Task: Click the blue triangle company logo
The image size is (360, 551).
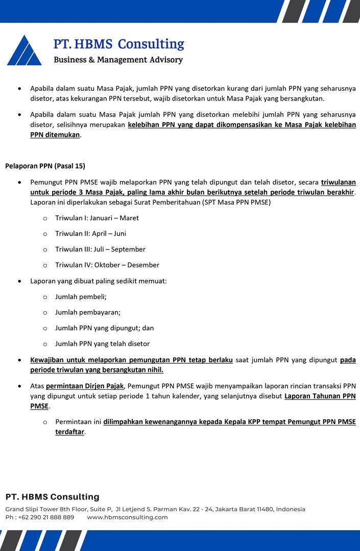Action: (x=24, y=51)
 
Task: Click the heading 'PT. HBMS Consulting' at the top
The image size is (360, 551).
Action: (x=118, y=44)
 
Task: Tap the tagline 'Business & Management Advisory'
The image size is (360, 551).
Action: (x=118, y=60)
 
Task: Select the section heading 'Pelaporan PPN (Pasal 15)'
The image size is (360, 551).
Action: (x=45, y=166)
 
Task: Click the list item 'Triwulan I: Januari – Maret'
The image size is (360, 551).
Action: (x=97, y=218)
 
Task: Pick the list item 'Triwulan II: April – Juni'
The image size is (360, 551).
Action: (x=90, y=234)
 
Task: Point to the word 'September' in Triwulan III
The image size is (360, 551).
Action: (x=128, y=249)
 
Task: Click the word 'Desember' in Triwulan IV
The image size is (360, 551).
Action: (x=143, y=265)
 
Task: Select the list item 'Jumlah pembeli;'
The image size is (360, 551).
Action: (x=81, y=297)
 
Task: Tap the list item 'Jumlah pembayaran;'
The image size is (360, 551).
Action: (x=88, y=313)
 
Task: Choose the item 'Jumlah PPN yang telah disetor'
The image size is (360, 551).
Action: (x=102, y=344)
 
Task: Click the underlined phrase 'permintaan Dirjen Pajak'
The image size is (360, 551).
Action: (x=85, y=386)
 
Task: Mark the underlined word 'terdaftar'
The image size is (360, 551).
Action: (x=70, y=432)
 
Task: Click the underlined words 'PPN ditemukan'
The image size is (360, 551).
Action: (x=55, y=135)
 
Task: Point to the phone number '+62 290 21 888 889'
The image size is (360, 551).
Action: (x=46, y=517)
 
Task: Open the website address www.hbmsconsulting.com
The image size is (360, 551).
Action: (x=127, y=517)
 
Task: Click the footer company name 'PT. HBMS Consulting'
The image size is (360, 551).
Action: (x=53, y=497)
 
